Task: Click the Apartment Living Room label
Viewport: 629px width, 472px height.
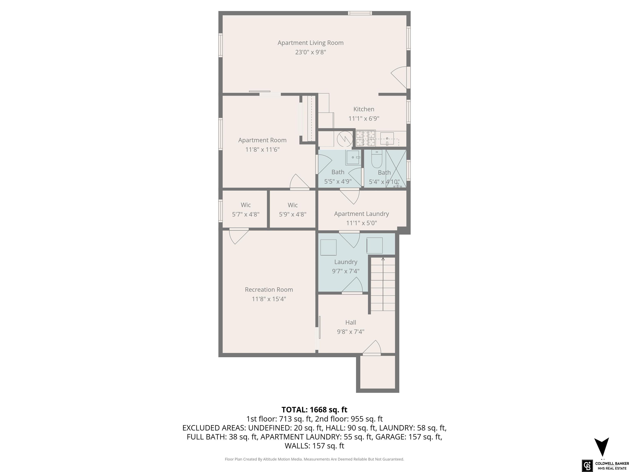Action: (311, 43)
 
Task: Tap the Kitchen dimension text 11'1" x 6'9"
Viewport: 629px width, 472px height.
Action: (364, 118)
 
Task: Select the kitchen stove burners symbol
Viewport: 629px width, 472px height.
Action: (365, 138)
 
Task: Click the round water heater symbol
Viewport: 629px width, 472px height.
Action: (345, 139)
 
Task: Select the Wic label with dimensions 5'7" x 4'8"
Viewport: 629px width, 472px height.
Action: (246, 205)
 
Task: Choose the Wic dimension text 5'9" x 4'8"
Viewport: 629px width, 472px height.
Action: (293, 214)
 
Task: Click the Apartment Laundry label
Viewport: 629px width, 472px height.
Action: (361, 214)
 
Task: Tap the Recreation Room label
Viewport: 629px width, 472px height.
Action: (269, 290)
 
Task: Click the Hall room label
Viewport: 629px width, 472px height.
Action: (351, 322)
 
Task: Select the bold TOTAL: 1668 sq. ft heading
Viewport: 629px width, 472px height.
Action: (314, 410)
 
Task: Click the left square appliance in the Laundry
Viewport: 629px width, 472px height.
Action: (328, 247)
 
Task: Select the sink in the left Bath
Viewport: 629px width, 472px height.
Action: (353, 157)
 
